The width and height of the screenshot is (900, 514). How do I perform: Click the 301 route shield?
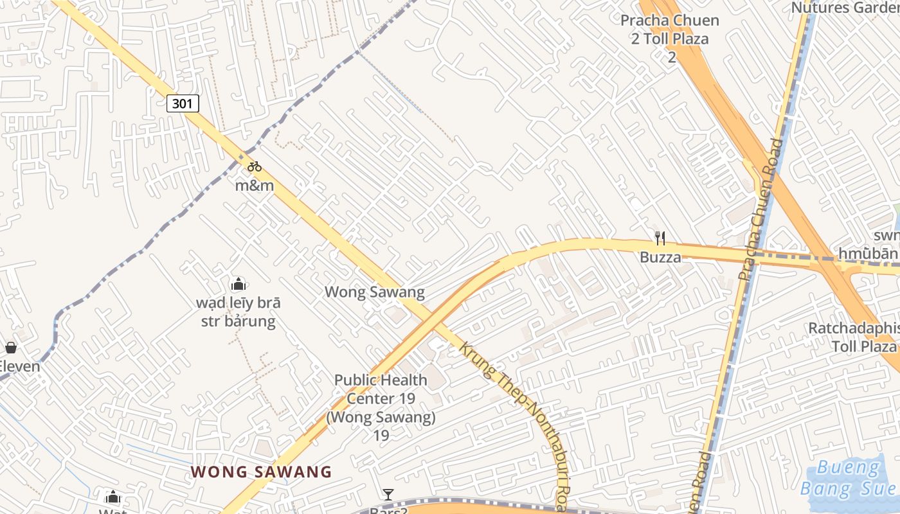[183, 103]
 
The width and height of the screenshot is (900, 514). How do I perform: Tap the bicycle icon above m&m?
[255, 166]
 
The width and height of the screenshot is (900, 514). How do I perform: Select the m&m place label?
[255, 186]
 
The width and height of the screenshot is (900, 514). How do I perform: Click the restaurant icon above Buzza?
[660, 238]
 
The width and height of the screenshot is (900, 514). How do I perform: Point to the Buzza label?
[660, 258]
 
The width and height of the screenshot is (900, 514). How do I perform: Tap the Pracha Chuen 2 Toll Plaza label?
[669, 39]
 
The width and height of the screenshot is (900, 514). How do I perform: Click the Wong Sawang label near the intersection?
[374, 292]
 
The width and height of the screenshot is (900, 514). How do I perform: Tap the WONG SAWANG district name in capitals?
[261, 472]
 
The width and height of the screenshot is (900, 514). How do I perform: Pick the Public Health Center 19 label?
[381, 407]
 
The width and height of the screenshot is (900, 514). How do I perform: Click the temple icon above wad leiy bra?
[239, 284]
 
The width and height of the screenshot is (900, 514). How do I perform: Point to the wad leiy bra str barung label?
[239, 312]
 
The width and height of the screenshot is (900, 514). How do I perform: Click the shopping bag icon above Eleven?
[11, 348]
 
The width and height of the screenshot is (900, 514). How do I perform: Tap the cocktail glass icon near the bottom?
[388, 494]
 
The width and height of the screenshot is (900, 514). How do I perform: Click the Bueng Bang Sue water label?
[849, 479]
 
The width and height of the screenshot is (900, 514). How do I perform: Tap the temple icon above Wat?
[113, 497]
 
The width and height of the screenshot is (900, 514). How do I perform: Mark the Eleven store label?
[19, 367]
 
